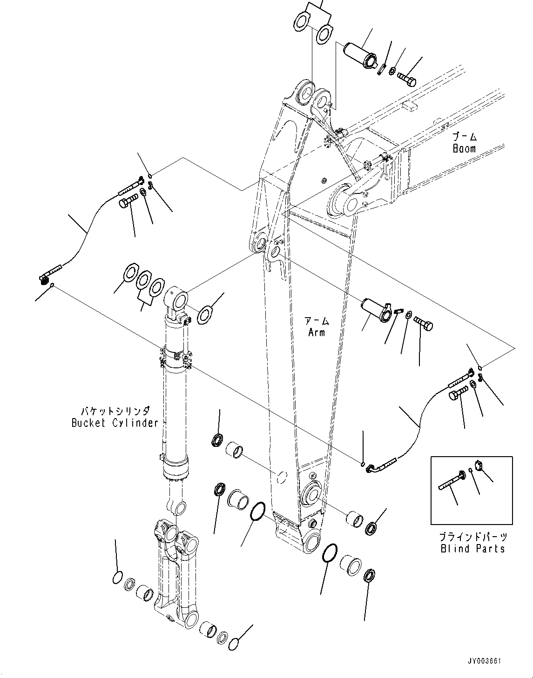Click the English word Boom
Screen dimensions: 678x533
pos(464,149)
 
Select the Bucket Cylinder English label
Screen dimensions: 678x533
pos(115,423)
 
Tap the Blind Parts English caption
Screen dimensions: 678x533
pos(472,549)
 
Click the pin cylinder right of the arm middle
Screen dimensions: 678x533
pos(377,309)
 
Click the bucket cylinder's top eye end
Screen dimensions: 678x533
pos(176,298)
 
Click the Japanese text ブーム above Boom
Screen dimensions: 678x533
pos(464,137)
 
